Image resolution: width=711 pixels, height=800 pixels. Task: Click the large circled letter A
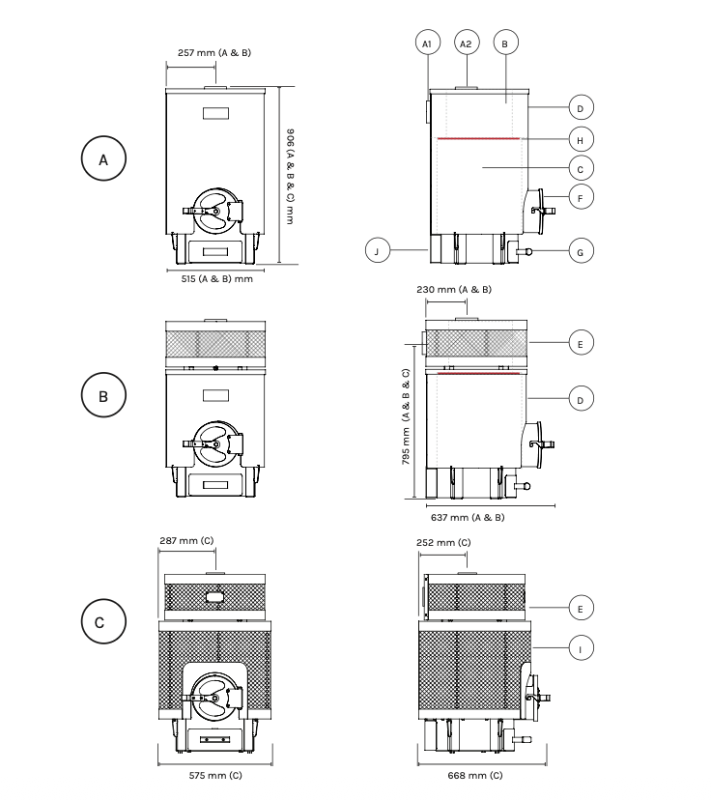tap(103, 158)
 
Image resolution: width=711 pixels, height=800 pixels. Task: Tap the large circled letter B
tap(103, 395)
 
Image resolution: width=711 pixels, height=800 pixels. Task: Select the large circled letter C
tap(103, 621)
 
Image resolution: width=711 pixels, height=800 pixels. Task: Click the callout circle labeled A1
tap(427, 43)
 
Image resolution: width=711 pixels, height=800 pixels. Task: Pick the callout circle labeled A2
tap(467, 43)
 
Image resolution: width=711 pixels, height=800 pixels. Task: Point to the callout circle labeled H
tap(581, 140)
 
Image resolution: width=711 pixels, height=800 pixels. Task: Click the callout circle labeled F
tap(581, 197)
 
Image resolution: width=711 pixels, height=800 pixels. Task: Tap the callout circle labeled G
tap(581, 251)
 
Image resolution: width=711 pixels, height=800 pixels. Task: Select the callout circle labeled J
tap(378, 250)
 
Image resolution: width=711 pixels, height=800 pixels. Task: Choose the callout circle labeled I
tap(581, 648)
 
